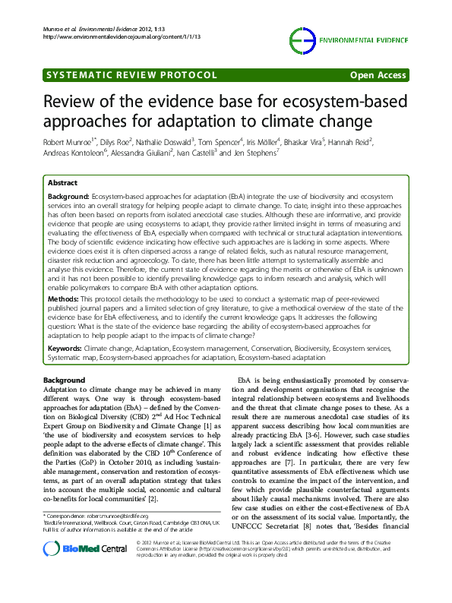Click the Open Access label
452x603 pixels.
[379, 76]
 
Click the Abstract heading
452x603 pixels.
[62, 183]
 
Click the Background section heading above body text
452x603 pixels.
[65, 380]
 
